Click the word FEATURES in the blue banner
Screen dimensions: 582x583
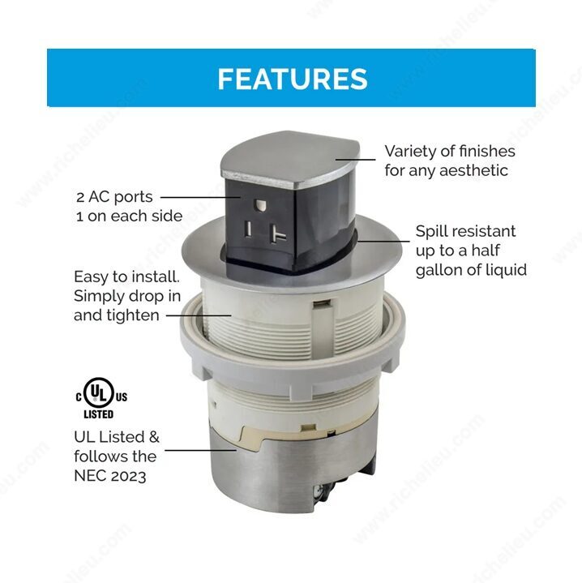click(x=293, y=79)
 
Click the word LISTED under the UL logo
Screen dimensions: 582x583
click(x=99, y=414)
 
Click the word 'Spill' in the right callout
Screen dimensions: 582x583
click(x=430, y=232)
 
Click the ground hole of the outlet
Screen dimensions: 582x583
click(x=259, y=205)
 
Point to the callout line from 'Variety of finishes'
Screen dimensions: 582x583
click(x=355, y=160)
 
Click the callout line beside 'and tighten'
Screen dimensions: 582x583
click(x=199, y=315)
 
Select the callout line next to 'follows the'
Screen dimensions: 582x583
click(x=200, y=450)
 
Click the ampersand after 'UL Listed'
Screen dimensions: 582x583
click(x=154, y=438)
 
